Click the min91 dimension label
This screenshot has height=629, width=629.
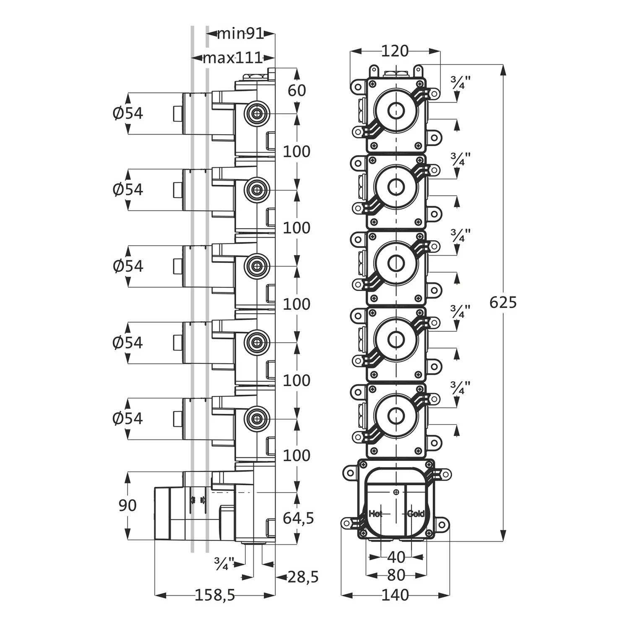click(x=240, y=34)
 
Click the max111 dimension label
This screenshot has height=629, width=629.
click(x=233, y=57)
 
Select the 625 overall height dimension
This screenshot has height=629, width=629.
click(x=503, y=302)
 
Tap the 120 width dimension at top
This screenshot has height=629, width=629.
click(x=395, y=51)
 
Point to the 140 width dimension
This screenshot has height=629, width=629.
click(x=395, y=595)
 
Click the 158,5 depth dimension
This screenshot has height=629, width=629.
click(x=215, y=595)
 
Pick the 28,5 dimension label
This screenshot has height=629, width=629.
click(x=303, y=577)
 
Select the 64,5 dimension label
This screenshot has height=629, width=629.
click(x=298, y=518)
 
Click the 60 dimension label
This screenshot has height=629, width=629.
click(x=297, y=90)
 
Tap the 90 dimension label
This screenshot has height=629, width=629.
click(x=127, y=505)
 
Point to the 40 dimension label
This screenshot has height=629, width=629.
click(x=396, y=557)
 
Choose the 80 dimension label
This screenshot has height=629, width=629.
click(x=396, y=575)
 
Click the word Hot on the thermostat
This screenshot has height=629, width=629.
click(x=376, y=513)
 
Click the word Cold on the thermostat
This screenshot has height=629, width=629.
click(x=415, y=513)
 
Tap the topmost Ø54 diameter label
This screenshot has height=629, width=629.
click(x=128, y=113)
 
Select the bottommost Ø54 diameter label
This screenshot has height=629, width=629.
click(x=128, y=418)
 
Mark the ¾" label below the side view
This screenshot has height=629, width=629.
click(x=224, y=563)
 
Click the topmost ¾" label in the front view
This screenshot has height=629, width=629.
click(x=460, y=82)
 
